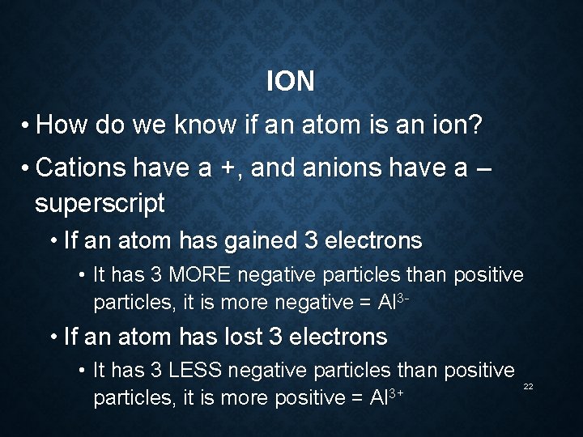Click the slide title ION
coord(290,82)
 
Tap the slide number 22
coord(528,387)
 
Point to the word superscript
coord(100,202)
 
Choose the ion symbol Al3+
coord(386,398)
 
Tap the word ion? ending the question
coord(453,125)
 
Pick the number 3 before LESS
coord(156,371)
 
